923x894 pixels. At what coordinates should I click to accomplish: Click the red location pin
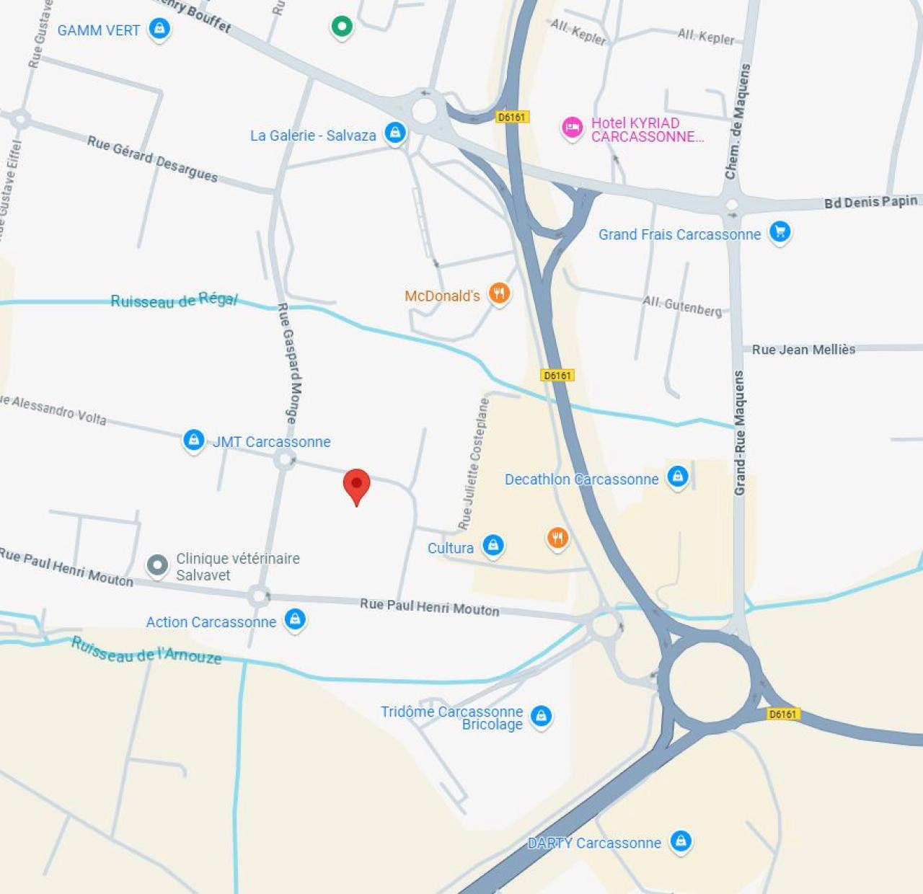click(356, 485)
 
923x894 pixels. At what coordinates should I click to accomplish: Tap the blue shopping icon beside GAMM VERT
click(159, 29)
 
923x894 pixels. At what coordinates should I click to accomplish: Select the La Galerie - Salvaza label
click(313, 136)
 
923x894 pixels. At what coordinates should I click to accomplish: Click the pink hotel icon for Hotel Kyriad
click(573, 128)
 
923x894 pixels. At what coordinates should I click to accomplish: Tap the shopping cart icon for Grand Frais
click(780, 231)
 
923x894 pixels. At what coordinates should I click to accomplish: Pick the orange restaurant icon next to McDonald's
click(499, 293)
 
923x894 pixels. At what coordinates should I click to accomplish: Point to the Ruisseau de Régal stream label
click(174, 300)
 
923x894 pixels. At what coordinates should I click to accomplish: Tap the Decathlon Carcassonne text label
click(581, 479)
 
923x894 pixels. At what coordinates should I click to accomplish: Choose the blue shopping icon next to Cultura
click(493, 545)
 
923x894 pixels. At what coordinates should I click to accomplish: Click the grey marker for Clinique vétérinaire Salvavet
click(157, 565)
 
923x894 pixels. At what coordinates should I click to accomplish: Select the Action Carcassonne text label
click(211, 622)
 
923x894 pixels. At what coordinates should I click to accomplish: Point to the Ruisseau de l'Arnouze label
click(146, 651)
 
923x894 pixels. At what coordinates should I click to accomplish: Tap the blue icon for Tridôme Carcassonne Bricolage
click(541, 716)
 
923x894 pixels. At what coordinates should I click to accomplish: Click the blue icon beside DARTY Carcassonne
click(681, 841)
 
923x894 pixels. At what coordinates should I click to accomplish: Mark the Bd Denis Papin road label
click(871, 202)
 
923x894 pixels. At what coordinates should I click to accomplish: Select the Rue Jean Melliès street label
click(803, 350)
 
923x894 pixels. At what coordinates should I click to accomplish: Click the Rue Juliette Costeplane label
click(474, 462)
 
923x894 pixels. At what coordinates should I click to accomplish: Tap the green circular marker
click(342, 27)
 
